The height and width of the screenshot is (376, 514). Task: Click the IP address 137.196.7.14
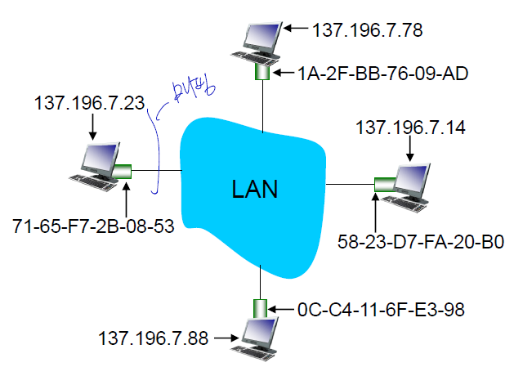(410, 129)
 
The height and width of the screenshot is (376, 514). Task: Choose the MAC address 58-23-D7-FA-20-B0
(422, 242)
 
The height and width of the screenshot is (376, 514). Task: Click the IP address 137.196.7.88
(152, 337)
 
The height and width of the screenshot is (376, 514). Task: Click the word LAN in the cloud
(254, 190)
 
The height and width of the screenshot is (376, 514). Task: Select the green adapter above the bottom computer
(261, 309)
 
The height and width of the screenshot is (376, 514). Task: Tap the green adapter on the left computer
(123, 172)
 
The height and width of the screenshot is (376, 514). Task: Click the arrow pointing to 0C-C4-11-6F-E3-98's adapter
(283, 309)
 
